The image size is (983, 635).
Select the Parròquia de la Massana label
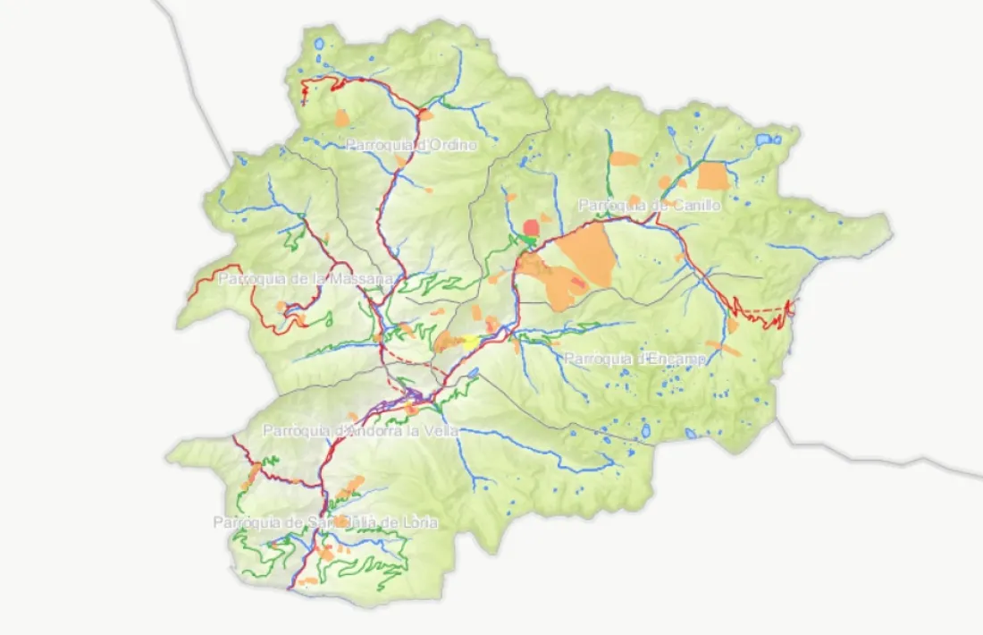306,279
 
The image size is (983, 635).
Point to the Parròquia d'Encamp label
635,359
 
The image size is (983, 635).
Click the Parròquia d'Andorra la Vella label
360,431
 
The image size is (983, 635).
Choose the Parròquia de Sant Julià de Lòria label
325,522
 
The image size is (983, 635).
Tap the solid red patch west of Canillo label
532,226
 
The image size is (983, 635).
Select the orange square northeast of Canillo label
713,175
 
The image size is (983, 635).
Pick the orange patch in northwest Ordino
340,117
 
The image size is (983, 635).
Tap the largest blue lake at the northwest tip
320,43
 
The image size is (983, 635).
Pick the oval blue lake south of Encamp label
645,431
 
